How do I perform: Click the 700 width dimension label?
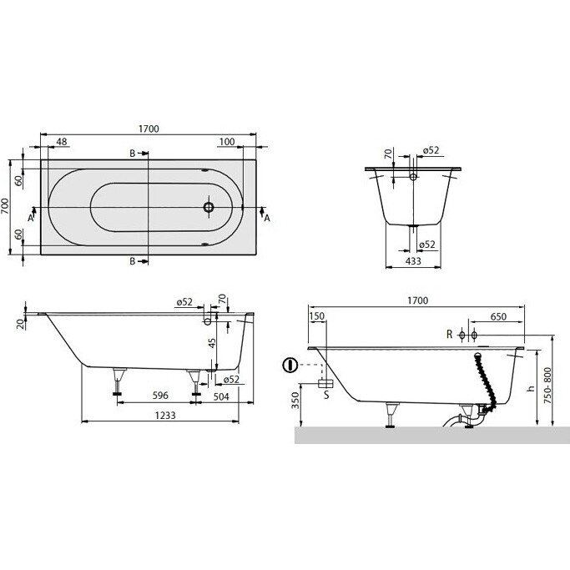coord(5,206)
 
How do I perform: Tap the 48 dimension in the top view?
coord(62,141)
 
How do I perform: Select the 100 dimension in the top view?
coord(227,141)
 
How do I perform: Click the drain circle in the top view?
coord(209,207)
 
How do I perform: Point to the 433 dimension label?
coord(413,260)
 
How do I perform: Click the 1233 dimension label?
coord(165,415)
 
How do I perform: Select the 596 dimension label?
coord(160,395)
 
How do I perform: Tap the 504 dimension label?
coord(221,396)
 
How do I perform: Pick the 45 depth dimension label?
coord(212,343)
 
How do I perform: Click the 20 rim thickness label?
coord(22,324)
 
